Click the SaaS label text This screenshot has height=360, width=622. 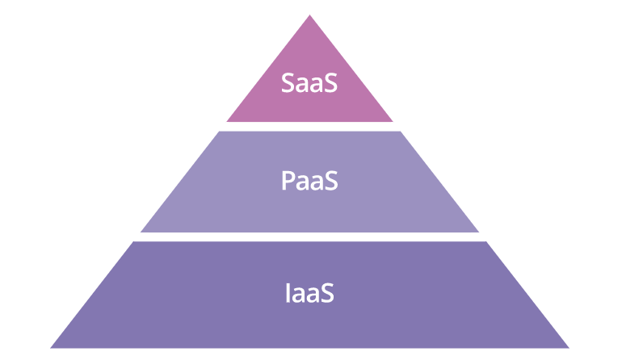tap(309, 83)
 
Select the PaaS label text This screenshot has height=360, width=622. tap(309, 180)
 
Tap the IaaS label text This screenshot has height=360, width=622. tap(310, 293)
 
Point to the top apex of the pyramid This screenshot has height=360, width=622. tap(310, 15)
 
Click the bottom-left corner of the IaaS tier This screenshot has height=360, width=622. tap(50, 348)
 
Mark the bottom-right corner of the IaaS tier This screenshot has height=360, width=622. tap(569, 348)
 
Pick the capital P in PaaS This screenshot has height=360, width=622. tap(288, 180)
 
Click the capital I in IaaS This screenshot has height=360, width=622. tap(288, 293)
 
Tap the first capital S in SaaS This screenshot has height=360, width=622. tap(288, 83)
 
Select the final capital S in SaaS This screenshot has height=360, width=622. tap(331, 83)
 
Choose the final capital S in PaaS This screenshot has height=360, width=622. tap(331, 180)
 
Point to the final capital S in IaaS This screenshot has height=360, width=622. tap(327, 293)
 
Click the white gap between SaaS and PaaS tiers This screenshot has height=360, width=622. tap(309, 127)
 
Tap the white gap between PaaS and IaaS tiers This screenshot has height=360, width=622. tap(309, 237)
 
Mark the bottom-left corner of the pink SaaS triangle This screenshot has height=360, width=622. tap(226, 121)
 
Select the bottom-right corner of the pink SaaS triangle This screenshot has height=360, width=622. tap(393, 121)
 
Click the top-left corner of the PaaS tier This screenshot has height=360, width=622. tap(220, 132)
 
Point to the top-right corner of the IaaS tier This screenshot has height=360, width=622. tap(486, 241)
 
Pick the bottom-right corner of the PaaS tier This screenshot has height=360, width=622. tap(479, 232)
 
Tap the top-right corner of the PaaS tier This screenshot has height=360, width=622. tap(400, 132)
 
